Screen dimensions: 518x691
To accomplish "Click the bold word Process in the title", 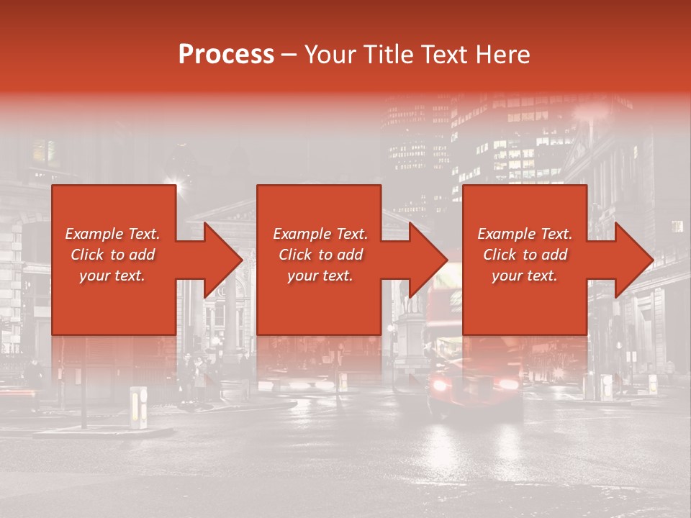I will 226,55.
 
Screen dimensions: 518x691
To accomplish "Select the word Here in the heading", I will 503,55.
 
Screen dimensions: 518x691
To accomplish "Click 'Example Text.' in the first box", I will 112,234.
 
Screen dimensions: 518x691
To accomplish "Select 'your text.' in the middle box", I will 320,276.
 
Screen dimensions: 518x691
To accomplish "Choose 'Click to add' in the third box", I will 525,255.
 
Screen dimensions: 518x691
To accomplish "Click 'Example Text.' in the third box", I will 525,234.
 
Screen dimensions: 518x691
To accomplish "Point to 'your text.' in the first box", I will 112,276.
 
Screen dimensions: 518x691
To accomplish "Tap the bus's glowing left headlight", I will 439,385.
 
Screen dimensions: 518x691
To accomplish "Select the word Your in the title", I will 328,55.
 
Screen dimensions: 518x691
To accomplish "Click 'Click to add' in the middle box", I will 320,255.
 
